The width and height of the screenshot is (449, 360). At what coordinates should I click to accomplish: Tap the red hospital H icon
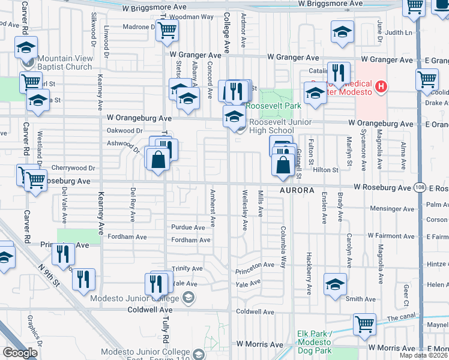coord(379,88)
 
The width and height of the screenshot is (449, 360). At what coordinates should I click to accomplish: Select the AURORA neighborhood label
coord(296,190)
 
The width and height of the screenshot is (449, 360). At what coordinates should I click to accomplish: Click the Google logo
coord(20,352)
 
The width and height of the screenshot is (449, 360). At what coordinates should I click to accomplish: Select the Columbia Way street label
coord(283,246)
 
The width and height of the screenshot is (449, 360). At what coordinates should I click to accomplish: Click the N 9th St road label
coord(50,278)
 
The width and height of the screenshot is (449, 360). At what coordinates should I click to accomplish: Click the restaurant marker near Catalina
coord(339,74)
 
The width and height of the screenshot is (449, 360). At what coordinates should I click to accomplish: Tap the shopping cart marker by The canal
coord(364,324)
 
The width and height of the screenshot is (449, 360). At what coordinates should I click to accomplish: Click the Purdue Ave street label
coord(188,227)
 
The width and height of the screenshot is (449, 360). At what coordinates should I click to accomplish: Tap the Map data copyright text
coord(423,355)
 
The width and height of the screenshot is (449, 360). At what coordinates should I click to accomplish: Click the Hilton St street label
coord(324,170)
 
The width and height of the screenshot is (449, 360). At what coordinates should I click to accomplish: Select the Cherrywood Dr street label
coord(74,168)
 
